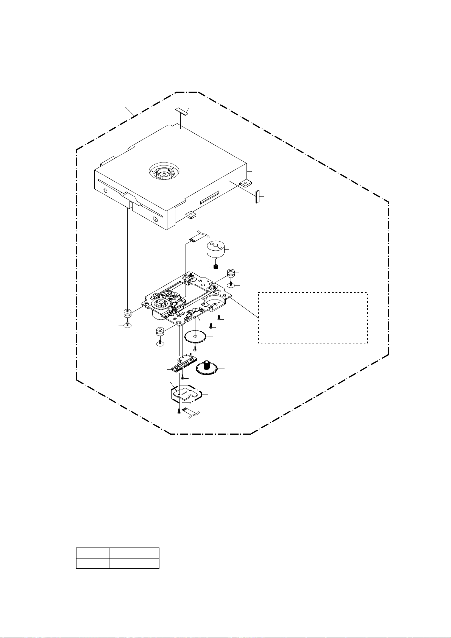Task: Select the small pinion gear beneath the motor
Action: click(x=215, y=267)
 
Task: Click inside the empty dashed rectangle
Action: click(x=313, y=318)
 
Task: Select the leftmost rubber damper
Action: click(x=128, y=314)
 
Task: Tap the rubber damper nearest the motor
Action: click(x=231, y=273)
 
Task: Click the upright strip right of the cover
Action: click(x=258, y=197)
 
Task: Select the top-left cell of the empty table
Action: click(x=92, y=553)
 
